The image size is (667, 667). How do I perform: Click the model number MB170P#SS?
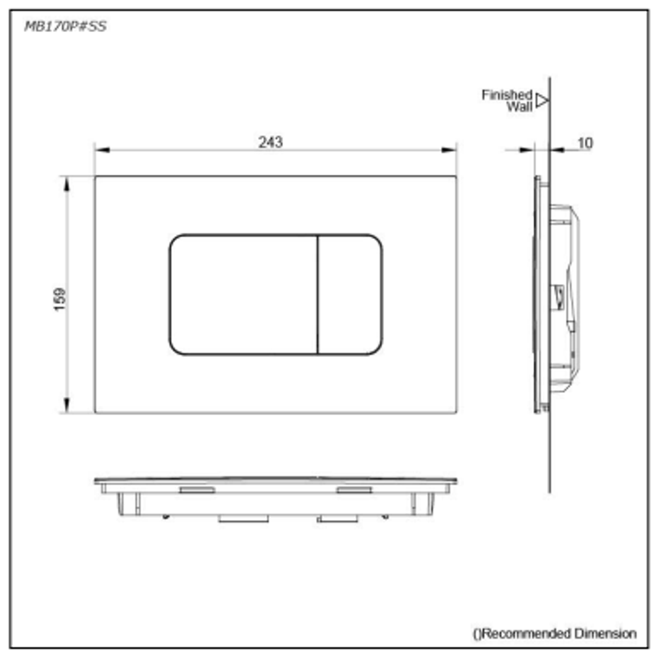tap(65, 27)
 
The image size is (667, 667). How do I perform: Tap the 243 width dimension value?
tap(271, 142)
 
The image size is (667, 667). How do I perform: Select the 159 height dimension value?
tap(60, 299)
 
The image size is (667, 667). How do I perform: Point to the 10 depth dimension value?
tap(584, 143)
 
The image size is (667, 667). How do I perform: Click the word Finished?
tap(506, 95)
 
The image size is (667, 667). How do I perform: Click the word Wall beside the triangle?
tap(519, 106)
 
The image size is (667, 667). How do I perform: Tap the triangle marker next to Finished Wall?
tap(541, 100)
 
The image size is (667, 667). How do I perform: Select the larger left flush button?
tap(243, 295)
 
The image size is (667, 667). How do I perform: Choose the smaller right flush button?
tap(350, 295)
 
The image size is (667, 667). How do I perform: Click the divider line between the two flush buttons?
tap(317, 295)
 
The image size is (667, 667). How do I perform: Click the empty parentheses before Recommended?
tap(476, 634)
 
